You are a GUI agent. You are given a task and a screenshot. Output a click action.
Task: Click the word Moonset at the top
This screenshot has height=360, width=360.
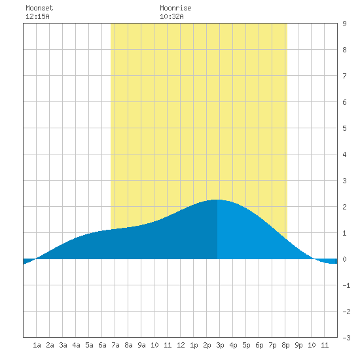tap(39, 8)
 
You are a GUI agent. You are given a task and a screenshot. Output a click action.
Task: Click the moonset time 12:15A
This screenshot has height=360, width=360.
tap(37, 16)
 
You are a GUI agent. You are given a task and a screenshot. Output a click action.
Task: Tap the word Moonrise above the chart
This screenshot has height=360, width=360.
tap(175, 8)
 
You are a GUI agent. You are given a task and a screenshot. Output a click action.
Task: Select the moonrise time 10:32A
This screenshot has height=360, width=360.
tap(171, 16)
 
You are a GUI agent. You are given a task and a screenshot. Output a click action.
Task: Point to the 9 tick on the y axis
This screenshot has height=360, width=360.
tap(344, 24)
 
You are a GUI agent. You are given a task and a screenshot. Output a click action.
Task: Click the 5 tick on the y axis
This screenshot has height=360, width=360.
tap(344, 128)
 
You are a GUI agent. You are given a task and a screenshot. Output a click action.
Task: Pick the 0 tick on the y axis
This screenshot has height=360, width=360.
tap(344, 259)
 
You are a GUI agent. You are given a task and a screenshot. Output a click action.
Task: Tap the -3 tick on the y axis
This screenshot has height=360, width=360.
tap(346, 338)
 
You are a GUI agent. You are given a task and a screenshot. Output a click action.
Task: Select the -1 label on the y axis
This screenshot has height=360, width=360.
tap(346, 285)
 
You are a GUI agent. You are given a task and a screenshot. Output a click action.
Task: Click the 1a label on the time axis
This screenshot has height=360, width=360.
tap(37, 345)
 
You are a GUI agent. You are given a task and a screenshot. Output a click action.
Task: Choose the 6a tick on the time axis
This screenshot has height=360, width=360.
tap(102, 345)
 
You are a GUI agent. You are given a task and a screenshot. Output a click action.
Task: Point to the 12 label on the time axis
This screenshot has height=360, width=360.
tap(181, 345)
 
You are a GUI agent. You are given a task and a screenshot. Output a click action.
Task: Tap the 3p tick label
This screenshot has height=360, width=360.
tap(220, 345)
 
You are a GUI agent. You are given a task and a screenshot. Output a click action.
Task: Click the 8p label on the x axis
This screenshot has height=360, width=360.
tap(285, 345)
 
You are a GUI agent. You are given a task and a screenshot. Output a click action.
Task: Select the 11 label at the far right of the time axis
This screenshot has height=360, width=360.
tap(325, 345)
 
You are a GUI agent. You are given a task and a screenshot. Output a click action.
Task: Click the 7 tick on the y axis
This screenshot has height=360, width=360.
tap(344, 76)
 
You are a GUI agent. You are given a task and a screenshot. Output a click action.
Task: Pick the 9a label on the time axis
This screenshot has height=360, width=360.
tap(141, 345)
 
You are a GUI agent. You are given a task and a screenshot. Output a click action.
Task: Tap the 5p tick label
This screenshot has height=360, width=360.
tap(246, 345)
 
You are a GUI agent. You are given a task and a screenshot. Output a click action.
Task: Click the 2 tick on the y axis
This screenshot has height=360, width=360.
tap(344, 207)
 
